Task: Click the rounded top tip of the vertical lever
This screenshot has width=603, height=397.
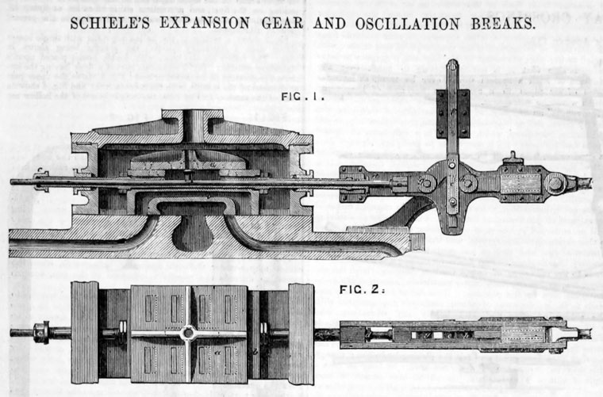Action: tap(452, 64)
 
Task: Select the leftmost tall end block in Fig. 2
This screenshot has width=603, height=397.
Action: tap(84, 332)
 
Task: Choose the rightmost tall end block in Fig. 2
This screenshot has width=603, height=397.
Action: tap(300, 332)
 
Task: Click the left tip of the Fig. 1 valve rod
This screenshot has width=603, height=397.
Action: tap(13, 181)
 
